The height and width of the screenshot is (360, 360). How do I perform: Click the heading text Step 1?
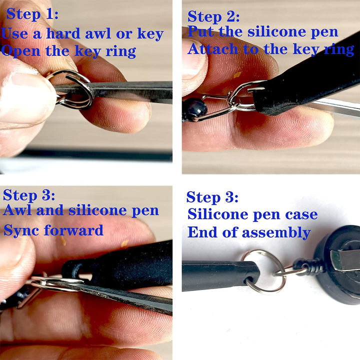[32, 14]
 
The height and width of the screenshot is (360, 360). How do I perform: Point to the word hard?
[63, 33]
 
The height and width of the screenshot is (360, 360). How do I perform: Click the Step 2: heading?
[213, 17]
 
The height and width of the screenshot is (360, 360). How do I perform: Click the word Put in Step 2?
[200, 31]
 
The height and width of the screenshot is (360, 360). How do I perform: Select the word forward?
[73, 230]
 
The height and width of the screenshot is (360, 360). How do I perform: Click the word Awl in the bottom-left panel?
[17, 210]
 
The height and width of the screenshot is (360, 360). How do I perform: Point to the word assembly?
[276, 233]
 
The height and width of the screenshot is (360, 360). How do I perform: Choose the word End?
[202, 232]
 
